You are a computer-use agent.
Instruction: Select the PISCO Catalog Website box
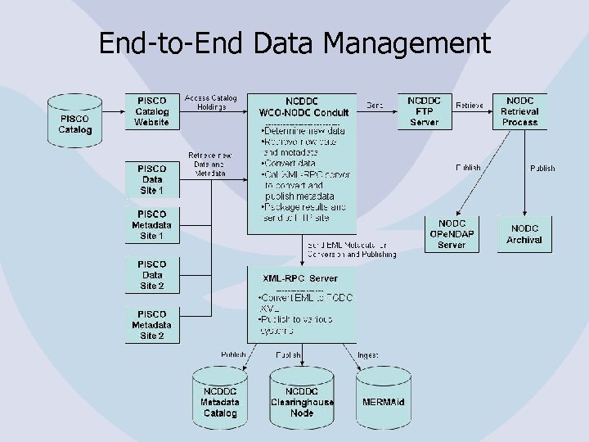pyautogui.click(x=152, y=111)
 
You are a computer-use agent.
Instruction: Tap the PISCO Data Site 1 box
pyautogui.click(x=152, y=178)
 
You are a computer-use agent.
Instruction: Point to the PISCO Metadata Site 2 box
pyautogui.click(x=152, y=325)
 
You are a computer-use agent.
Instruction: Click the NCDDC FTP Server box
pyautogui.click(x=424, y=111)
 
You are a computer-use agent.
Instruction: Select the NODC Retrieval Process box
pyautogui.click(x=519, y=111)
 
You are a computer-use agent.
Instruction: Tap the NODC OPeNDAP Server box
pyautogui.click(x=452, y=233)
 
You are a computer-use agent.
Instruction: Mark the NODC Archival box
pyautogui.click(x=524, y=234)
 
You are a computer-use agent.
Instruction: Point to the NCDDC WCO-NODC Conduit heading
pyautogui.click(x=303, y=106)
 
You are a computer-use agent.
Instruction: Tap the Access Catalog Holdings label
pyautogui.click(x=210, y=101)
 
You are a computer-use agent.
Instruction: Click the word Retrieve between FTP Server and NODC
pyautogui.click(x=470, y=105)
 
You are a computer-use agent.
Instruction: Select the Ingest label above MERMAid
pyautogui.click(x=367, y=354)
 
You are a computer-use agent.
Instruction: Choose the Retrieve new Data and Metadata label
pyautogui.click(x=210, y=164)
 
